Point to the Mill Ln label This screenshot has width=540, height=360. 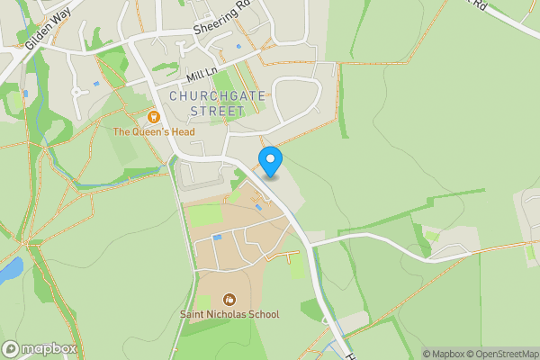[203, 73]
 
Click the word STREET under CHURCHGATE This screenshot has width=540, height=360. [217, 111]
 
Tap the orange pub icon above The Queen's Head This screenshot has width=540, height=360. [153, 117]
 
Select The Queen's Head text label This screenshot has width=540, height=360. [153, 132]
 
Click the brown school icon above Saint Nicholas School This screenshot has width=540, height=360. [229, 299]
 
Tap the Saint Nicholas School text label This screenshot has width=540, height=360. [229, 314]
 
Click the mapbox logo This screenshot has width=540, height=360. [40, 348]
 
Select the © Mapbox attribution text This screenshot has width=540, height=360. [445, 354]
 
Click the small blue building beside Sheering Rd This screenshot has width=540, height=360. [238, 47]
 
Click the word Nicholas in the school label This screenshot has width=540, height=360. [224, 314]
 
